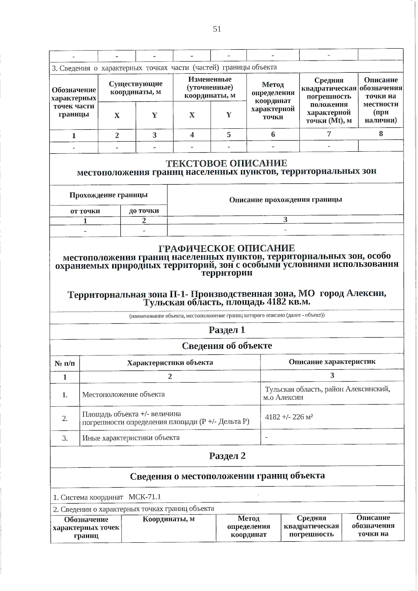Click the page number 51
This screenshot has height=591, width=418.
[217, 29]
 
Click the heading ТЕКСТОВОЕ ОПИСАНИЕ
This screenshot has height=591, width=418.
[226, 163]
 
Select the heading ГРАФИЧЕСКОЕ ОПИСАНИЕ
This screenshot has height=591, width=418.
[226, 248]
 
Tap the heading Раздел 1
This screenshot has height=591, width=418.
[227, 330]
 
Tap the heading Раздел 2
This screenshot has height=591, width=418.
[227, 456]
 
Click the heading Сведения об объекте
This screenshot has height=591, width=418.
[227, 346]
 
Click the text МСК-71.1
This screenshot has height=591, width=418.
[145, 497]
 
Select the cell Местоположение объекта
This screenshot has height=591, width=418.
[124, 394]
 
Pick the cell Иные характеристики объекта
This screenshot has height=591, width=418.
[131, 438]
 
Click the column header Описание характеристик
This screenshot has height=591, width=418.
[332, 362]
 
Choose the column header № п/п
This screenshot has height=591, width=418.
[65, 363]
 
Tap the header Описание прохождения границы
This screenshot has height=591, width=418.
[285, 200]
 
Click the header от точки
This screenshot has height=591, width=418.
[85, 211]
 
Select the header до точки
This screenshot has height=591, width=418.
[144, 211]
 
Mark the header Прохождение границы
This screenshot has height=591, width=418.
[108, 195]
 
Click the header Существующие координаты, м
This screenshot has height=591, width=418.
[136, 88]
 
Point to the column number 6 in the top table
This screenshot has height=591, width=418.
[273, 135]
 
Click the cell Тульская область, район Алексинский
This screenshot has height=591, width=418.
[327, 389]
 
